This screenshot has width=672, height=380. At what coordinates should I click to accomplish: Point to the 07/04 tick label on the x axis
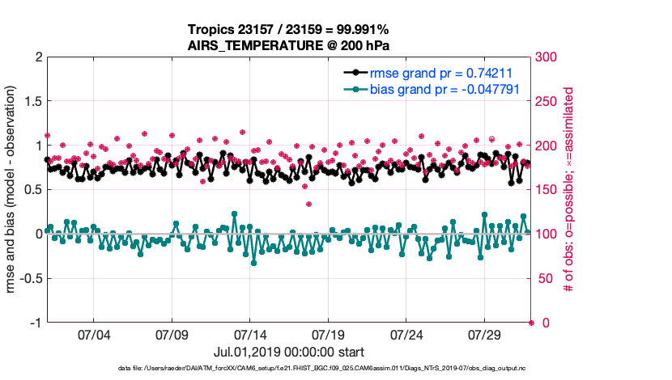(x=93, y=334)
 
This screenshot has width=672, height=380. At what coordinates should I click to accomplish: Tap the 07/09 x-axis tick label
(x=172, y=334)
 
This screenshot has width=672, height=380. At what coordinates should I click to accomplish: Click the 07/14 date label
(x=250, y=334)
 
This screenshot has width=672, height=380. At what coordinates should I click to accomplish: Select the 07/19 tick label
(x=329, y=334)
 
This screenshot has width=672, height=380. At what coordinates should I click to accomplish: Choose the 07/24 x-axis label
(x=407, y=334)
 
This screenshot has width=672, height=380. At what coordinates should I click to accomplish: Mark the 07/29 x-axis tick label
(x=486, y=334)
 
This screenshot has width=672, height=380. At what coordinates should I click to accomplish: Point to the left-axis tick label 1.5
(x=32, y=102)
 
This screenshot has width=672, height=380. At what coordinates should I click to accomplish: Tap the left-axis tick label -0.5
(x=30, y=279)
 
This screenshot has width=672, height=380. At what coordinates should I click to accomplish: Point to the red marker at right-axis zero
(x=531, y=323)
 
